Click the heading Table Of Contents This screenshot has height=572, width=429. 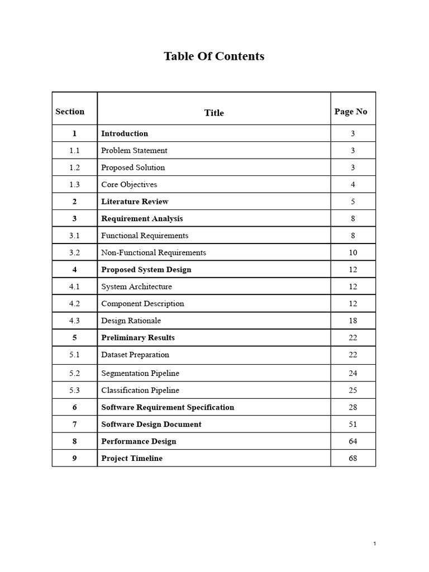click(214, 56)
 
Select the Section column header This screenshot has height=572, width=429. click(70, 112)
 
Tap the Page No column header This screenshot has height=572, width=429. click(351, 112)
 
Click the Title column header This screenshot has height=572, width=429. click(214, 113)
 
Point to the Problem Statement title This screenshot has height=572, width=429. click(134, 150)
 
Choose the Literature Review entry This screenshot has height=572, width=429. click(135, 202)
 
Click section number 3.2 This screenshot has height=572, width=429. click(75, 252)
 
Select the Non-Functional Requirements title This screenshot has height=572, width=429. click(154, 252)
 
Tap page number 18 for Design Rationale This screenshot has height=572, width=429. click(352, 321)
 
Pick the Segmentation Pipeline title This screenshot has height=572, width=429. click(140, 373)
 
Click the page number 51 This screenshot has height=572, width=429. click(352, 425)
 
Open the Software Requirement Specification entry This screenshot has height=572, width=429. click(168, 407)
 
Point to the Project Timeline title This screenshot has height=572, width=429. click(132, 459)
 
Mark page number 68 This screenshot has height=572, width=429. click(352, 459)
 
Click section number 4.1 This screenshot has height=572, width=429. click(75, 287)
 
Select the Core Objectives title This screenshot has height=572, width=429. click(129, 184)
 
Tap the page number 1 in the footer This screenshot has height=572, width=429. click(375, 544)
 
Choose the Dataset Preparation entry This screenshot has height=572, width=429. click(135, 355)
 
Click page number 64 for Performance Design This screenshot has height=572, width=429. click(352, 441)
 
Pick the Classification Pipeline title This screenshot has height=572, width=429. click(140, 390)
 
